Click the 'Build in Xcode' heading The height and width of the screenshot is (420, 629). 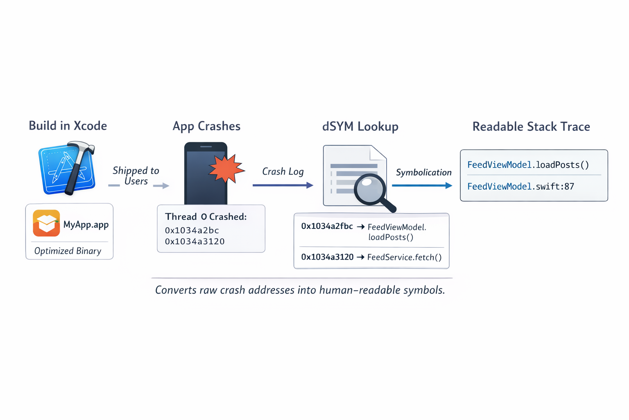click(x=68, y=126)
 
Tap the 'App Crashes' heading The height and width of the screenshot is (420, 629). click(x=206, y=126)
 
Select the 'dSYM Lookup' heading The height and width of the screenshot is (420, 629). click(x=360, y=126)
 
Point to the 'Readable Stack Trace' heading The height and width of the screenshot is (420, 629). click(x=531, y=126)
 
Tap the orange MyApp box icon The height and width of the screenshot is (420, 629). click(x=46, y=223)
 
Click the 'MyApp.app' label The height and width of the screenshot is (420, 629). click(x=86, y=224)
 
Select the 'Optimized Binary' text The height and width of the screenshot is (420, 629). click(x=68, y=251)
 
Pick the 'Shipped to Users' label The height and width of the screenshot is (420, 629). click(x=136, y=176)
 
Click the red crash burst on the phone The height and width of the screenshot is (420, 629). click(x=226, y=168)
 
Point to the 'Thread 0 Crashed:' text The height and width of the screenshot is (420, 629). click(x=206, y=217)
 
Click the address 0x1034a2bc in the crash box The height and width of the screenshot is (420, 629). click(x=192, y=230)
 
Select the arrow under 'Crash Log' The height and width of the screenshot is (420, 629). click(x=283, y=185)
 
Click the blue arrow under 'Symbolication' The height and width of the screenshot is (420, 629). click(x=422, y=185)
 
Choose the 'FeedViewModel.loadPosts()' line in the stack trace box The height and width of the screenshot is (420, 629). click(x=528, y=165)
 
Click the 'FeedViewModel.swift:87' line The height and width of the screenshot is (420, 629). click(x=520, y=186)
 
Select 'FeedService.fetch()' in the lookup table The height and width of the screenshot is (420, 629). click(x=404, y=257)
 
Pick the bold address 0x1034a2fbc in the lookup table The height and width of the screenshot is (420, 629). click(x=327, y=226)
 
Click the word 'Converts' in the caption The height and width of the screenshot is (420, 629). click(x=175, y=290)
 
